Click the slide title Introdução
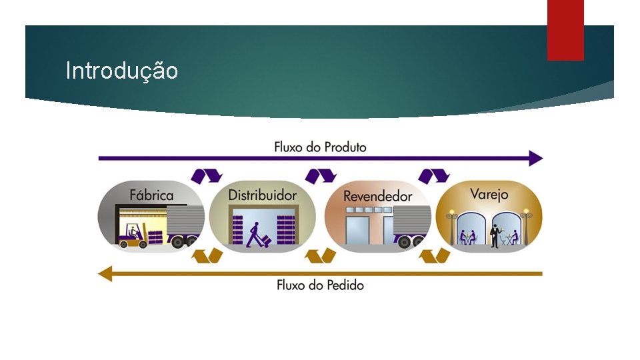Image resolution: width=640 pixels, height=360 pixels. click(x=122, y=70)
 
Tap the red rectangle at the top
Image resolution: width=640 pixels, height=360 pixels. click(x=565, y=30)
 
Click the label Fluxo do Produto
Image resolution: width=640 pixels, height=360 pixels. click(x=320, y=146)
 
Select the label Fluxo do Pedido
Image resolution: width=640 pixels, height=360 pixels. click(x=320, y=285)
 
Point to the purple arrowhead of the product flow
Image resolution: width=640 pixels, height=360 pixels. click(x=535, y=158)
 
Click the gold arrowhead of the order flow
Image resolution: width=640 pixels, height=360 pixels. click(x=105, y=273)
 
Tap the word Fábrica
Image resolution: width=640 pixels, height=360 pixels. click(x=152, y=195)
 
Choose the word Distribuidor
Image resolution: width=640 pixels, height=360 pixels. click(x=262, y=195)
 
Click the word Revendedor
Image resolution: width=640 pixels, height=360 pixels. click(x=377, y=196)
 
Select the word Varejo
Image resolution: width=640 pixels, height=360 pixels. click(x=489, y=194)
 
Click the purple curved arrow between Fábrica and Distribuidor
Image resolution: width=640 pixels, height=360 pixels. click(x=207, y=175)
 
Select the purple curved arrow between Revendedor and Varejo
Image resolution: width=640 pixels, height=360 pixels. click(x=434, y=175)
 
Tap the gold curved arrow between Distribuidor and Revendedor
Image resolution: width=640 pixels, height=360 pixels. click(x=321, y=256)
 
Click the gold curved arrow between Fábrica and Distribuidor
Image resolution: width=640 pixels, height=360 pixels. click(x=207, y=256)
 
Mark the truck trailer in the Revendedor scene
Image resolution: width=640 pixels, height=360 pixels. click(x=414, y=223)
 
